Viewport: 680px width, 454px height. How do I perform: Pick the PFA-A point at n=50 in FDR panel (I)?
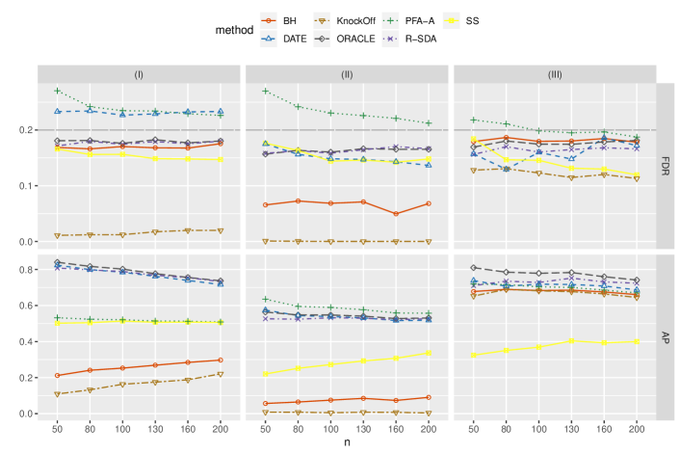[58, 92]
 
